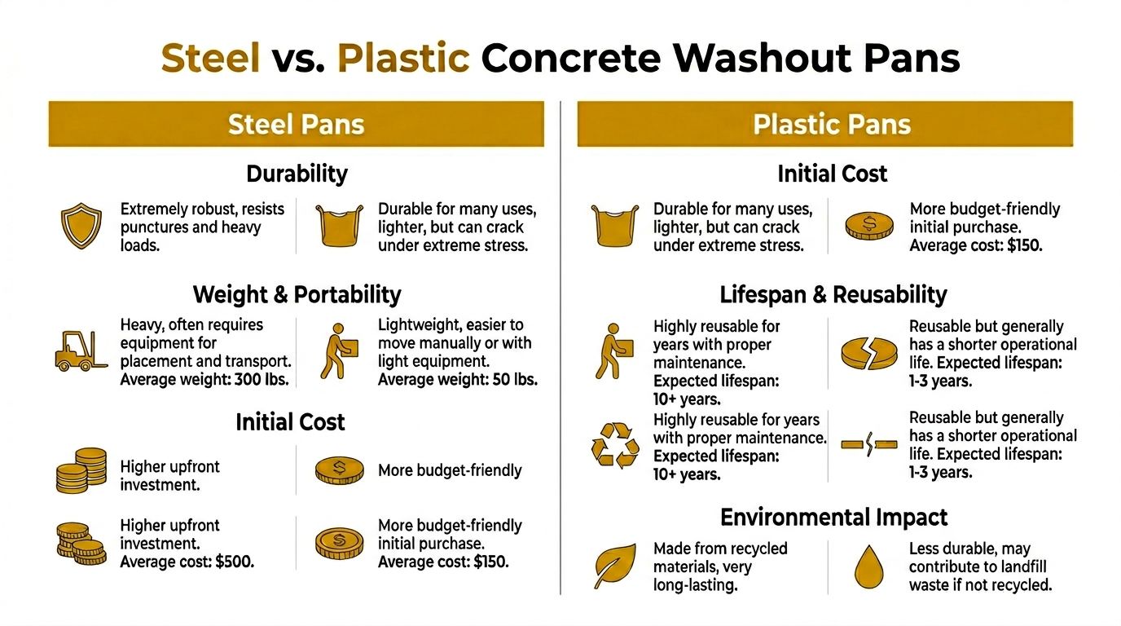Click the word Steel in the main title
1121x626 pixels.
[210, 58]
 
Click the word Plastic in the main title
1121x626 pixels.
[403, 58]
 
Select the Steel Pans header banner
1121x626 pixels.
[296, 124]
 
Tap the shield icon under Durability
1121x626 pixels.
[81, 227]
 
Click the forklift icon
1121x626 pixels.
[81, 351]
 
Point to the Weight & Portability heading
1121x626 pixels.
[297, 294]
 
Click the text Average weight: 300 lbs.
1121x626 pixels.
[205, 379]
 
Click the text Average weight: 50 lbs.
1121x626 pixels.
[458, 379]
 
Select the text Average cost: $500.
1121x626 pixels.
[187, 562]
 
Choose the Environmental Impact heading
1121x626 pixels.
[833, 518]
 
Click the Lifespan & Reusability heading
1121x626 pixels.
[833, 294]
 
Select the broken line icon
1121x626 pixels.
[868, 445]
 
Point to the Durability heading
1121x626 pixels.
[297, 174]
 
